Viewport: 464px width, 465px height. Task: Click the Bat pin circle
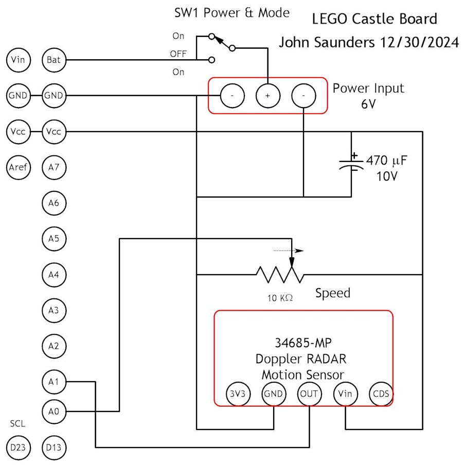pos(53,60)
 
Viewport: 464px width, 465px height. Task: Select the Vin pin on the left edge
pos(18,60)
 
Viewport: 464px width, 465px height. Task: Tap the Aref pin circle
pos(18,167)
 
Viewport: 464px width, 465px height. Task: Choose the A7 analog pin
pos(53,167)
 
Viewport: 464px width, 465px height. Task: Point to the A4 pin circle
pos(53,275)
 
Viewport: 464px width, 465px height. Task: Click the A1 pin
pos(53,382)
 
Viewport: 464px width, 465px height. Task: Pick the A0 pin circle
pos(53,412)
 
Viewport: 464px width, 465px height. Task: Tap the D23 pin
pos(18,448)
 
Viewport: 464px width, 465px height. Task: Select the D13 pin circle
pos(53,448)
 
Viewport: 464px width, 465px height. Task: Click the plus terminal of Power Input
pos(267,96)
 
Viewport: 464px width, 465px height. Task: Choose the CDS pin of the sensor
pos(381,395)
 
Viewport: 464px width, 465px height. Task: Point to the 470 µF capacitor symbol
pos(351,164)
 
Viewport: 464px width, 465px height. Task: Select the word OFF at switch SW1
pos(179,54)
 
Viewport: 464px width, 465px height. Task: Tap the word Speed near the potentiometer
pos(332,293)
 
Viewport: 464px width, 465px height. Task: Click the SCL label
pos(17,424)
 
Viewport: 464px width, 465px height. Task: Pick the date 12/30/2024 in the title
pos(419,43)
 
